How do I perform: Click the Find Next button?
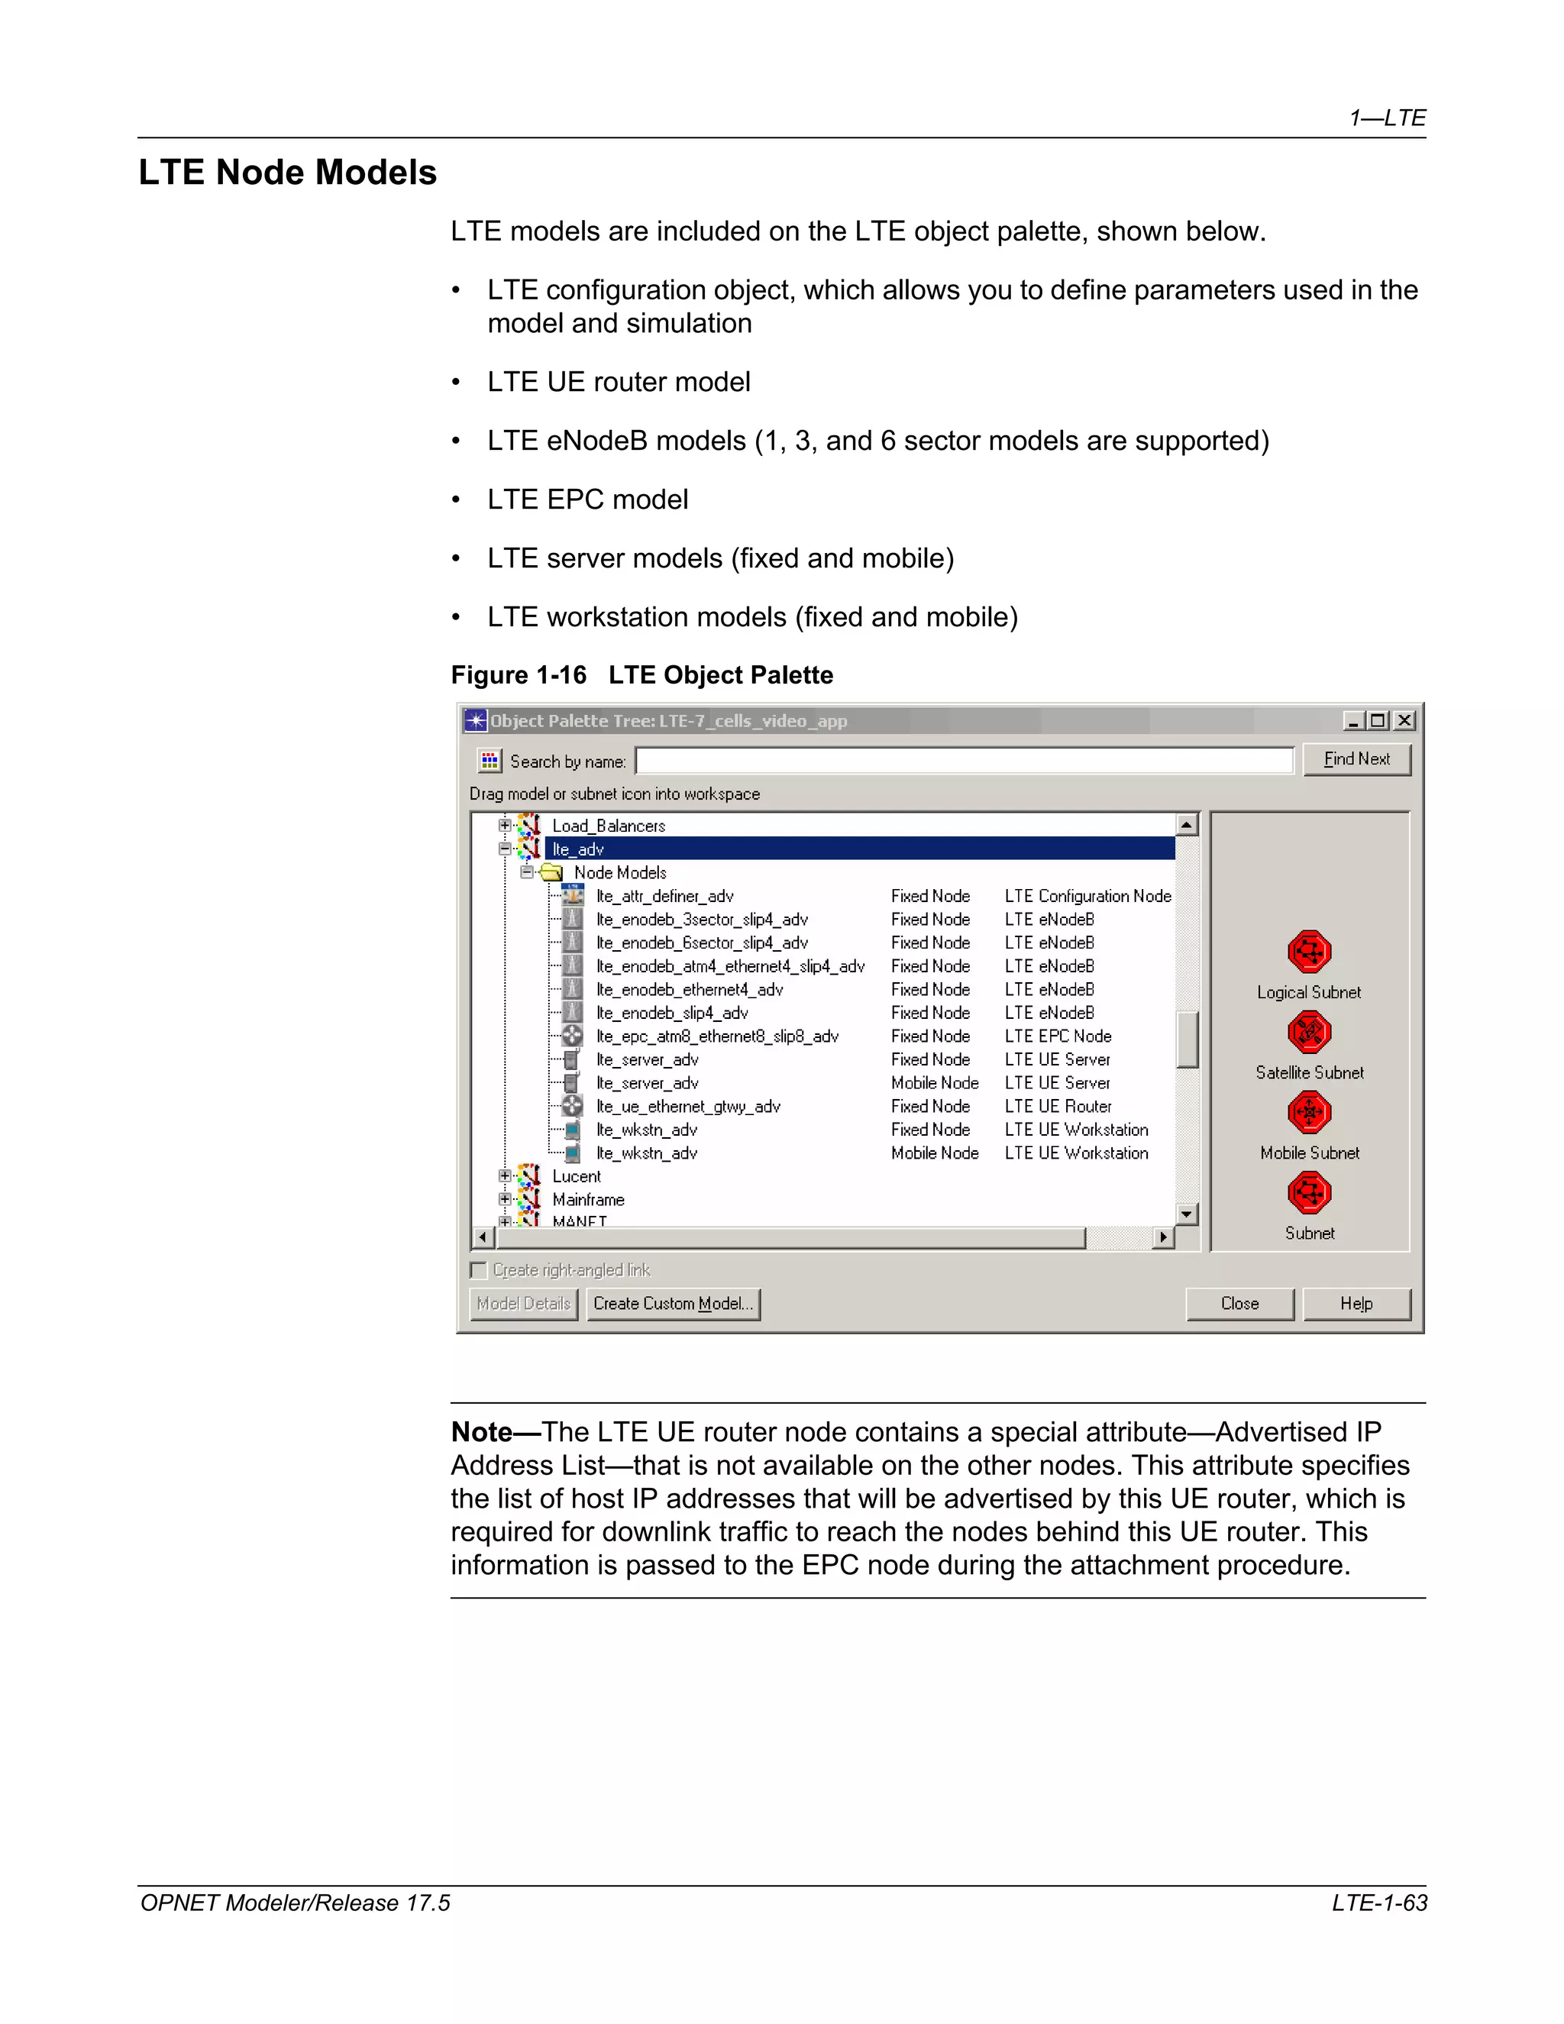tap(1356, 759)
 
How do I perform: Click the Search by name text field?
tap(964, 761)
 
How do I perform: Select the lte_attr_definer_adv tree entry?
tap(664, 896)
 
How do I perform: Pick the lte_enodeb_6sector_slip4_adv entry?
tap(701, 942)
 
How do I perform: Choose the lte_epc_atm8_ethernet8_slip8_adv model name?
tap(717, 1036)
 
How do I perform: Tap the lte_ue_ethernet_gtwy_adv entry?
tap(687, 1107)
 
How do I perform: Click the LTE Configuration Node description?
tap(1087, 896)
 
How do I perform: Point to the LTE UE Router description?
tap(1057, 1107)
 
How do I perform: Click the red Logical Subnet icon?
tap(1308, 951)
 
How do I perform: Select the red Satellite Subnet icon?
tap(1308, 1031)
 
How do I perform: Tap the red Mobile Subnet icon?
tap(1308, 1112)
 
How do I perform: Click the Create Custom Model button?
tap(673, 1304)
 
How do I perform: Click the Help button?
tap(1356, 1304)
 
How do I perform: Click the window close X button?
tap(1404, 721)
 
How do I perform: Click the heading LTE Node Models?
tap(287, 173)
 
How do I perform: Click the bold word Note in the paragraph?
tap(481, 1433)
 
